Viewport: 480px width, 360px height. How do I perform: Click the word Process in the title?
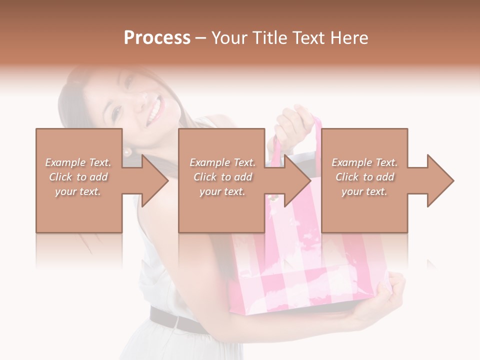click(x=157, y=38)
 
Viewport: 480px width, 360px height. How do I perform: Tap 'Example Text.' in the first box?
click(x=78, y=162)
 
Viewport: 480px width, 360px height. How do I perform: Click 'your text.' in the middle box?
click(x=222, y=191)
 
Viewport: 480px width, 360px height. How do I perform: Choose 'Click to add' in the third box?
click(x=364, y=177)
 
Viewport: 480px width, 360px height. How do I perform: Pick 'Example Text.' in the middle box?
click(x=222, y=162)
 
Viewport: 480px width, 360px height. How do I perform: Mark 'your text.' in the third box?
click(x=364, y=191)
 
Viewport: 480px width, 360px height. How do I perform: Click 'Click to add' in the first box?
click(x=78, y=177)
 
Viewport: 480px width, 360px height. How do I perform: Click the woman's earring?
click(x=127, y=151)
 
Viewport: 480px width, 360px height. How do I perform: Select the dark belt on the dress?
click(x=175, y=320)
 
